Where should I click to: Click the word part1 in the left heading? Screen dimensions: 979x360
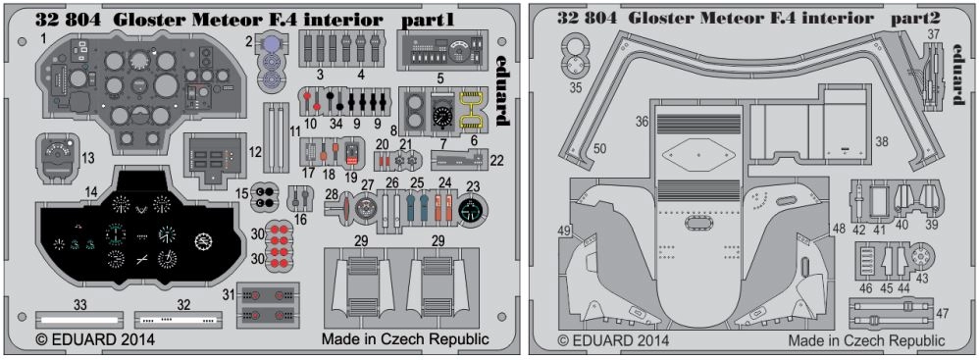click(x=427, y=20)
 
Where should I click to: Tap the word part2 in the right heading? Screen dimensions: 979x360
click(x=916, y=20)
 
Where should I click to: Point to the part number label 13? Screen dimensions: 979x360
click(x=88, y=158)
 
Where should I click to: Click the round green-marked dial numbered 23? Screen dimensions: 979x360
click(x=472, y=210)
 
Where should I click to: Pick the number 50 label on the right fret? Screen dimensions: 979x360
click(x=599, y=149)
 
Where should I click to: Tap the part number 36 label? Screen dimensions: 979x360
click(x=643, y=123)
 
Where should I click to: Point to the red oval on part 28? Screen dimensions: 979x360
click(x=344, y=208)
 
